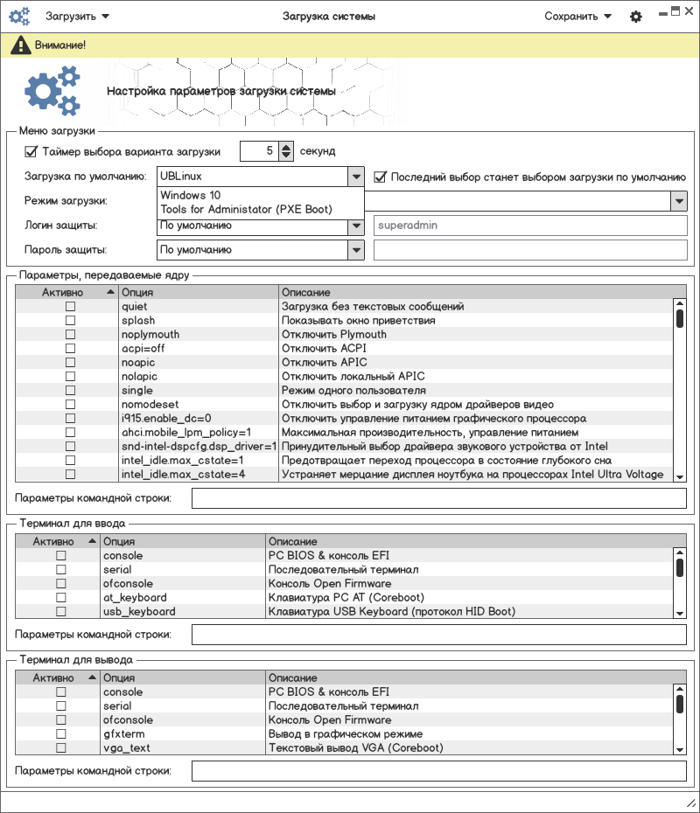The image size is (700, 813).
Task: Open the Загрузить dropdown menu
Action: coord(78,17)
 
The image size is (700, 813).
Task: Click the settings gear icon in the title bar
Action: coord(636,17)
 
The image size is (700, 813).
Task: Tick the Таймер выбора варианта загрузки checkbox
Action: coord(31,151)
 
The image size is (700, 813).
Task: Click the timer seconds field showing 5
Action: coord(259,151)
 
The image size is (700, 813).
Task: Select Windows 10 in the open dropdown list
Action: coord(191,196)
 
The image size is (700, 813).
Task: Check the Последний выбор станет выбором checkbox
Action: coord(381,177)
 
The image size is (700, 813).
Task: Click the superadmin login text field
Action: coord(529,226)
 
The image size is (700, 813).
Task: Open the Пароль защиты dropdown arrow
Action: coord(355,250)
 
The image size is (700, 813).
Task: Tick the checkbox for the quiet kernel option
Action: coord(70,307)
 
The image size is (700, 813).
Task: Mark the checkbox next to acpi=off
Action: coord(70,349)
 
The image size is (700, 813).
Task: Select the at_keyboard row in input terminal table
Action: coord(135,598)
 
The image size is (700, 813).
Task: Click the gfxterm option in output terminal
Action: coord(123,734)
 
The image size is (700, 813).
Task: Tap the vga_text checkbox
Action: coord(61,748)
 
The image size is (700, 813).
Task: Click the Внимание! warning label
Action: coord(60,45)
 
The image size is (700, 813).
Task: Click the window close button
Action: coord(688,11)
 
